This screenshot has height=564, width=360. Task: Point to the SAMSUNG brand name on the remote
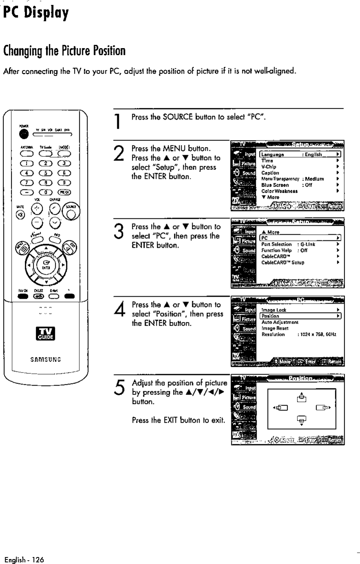46,359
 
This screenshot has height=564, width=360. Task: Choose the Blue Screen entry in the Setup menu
275,185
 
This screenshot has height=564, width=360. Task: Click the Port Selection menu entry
277,244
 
